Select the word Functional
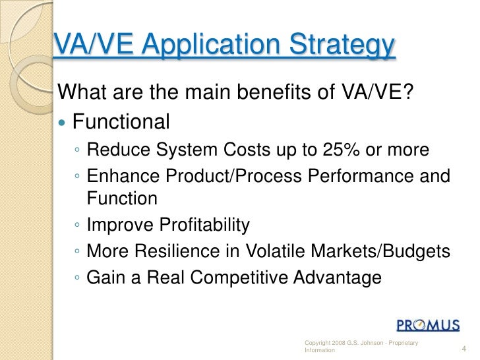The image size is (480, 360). [121, 122]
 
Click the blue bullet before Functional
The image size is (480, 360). [63, 123]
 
